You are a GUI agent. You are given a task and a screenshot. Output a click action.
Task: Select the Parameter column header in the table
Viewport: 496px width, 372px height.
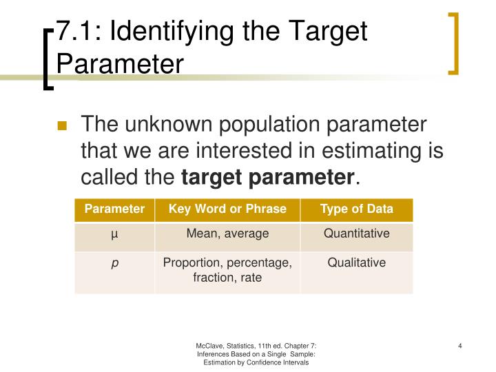tap(114, 209)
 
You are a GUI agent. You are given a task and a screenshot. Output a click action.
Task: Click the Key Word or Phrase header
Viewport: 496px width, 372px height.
tap(227, 209)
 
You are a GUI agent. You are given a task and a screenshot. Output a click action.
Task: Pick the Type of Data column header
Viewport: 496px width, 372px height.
tap(357, 209)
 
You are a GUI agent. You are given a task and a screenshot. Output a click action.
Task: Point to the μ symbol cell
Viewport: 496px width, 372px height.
tap(114, 234)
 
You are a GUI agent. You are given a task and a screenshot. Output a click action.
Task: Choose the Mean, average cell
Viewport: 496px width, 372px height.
tap(227, 234)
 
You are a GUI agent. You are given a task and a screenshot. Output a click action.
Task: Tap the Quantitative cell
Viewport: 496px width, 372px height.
tap(357, 234)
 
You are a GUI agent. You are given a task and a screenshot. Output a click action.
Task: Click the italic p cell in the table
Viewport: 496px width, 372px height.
tap(114, 263)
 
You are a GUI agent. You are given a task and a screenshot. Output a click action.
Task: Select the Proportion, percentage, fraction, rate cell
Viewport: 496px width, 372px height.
tap(227, 270)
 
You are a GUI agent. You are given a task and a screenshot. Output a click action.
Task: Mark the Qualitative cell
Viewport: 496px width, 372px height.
tap(357, 262)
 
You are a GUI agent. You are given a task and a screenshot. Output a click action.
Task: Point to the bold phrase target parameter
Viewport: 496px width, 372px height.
tap(267, 178)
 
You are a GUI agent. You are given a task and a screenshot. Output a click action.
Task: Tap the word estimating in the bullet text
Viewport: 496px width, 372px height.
tap(349, 152)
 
